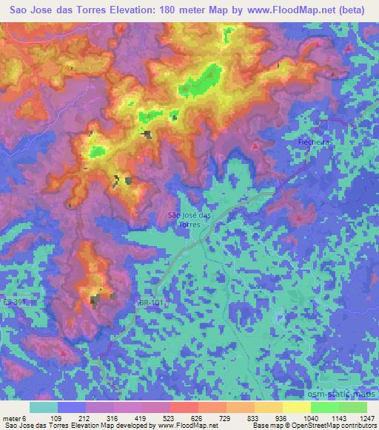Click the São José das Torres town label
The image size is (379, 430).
click(190, 218)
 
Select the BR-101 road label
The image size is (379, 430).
click(149, 302)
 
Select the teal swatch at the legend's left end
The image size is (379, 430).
click(44, 406)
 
